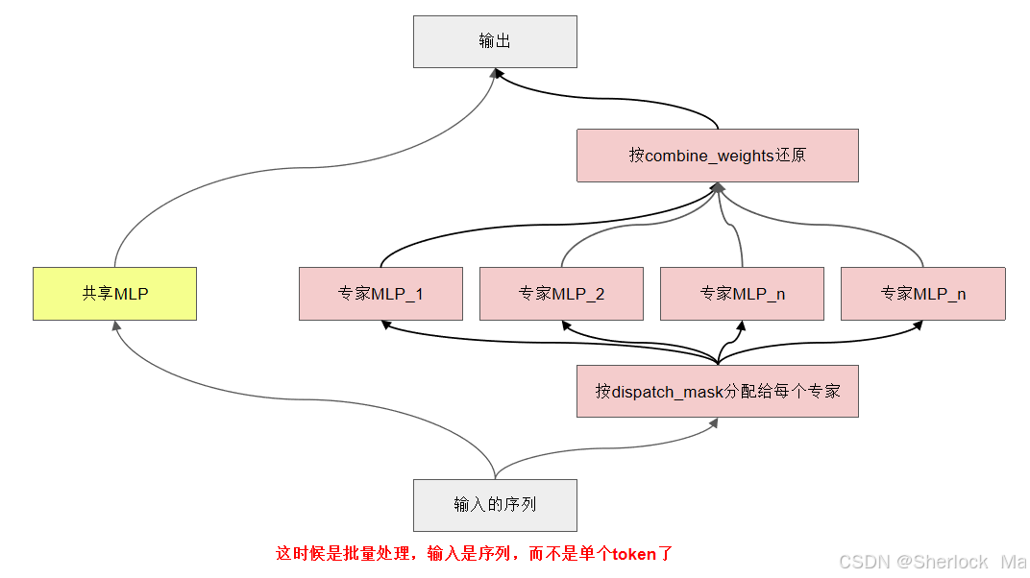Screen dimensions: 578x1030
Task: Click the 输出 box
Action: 495,41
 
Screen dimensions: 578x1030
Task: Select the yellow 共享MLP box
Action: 114,294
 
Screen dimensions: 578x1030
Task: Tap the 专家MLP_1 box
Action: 380,294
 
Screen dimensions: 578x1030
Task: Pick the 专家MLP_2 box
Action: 561,294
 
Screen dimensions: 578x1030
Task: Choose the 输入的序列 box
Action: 495,505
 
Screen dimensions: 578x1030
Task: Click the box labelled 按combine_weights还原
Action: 717,156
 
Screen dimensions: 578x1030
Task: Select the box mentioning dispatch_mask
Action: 717,391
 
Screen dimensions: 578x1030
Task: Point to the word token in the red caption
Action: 635,554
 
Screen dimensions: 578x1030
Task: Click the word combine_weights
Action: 709,156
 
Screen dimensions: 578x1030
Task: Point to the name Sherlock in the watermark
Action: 950,562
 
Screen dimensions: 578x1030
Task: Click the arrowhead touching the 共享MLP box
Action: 116,325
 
